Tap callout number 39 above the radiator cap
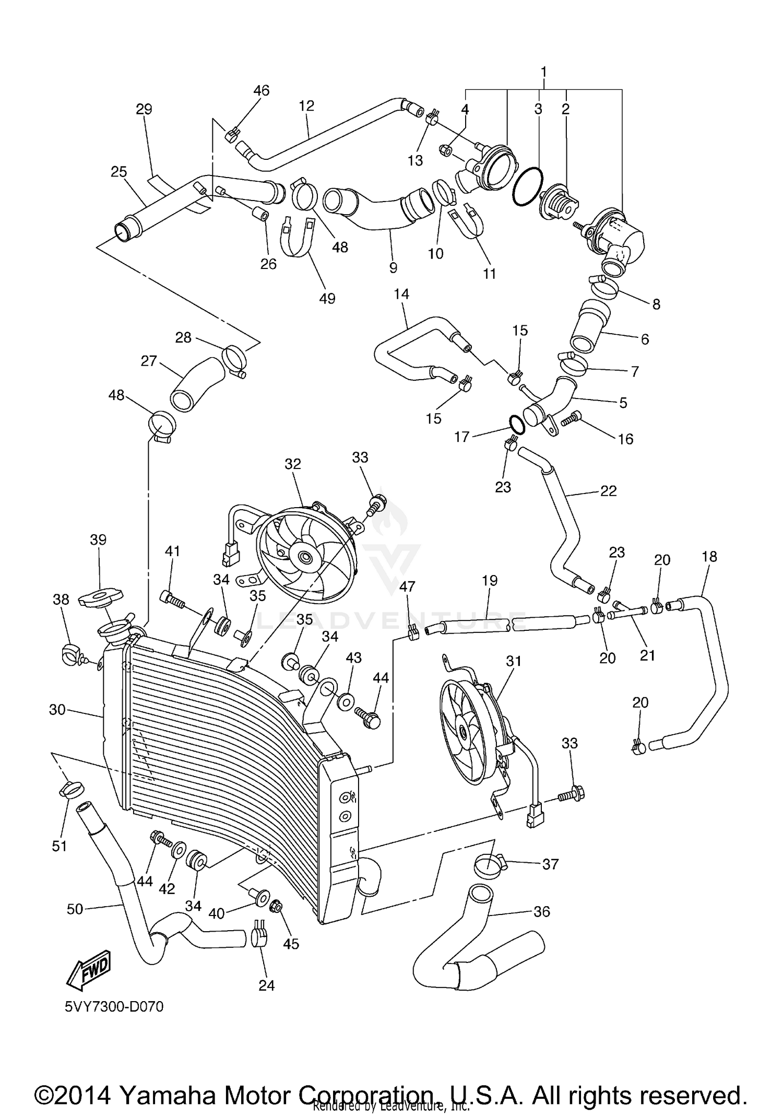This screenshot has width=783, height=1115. pos(98,539)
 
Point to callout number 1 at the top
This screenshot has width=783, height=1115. pos(544,71)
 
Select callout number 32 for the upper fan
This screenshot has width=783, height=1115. pos(293,464)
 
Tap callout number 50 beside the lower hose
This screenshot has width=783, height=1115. pos(75,909)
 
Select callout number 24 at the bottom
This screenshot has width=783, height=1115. pos(266,985)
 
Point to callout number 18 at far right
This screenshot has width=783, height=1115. pos(709,557)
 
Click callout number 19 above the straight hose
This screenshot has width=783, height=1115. pos(490,580)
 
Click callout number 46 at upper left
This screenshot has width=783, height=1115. pos(262,90)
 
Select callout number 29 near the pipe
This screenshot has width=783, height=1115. pos(144,109)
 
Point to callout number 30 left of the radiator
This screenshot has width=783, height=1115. pos(57,710)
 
